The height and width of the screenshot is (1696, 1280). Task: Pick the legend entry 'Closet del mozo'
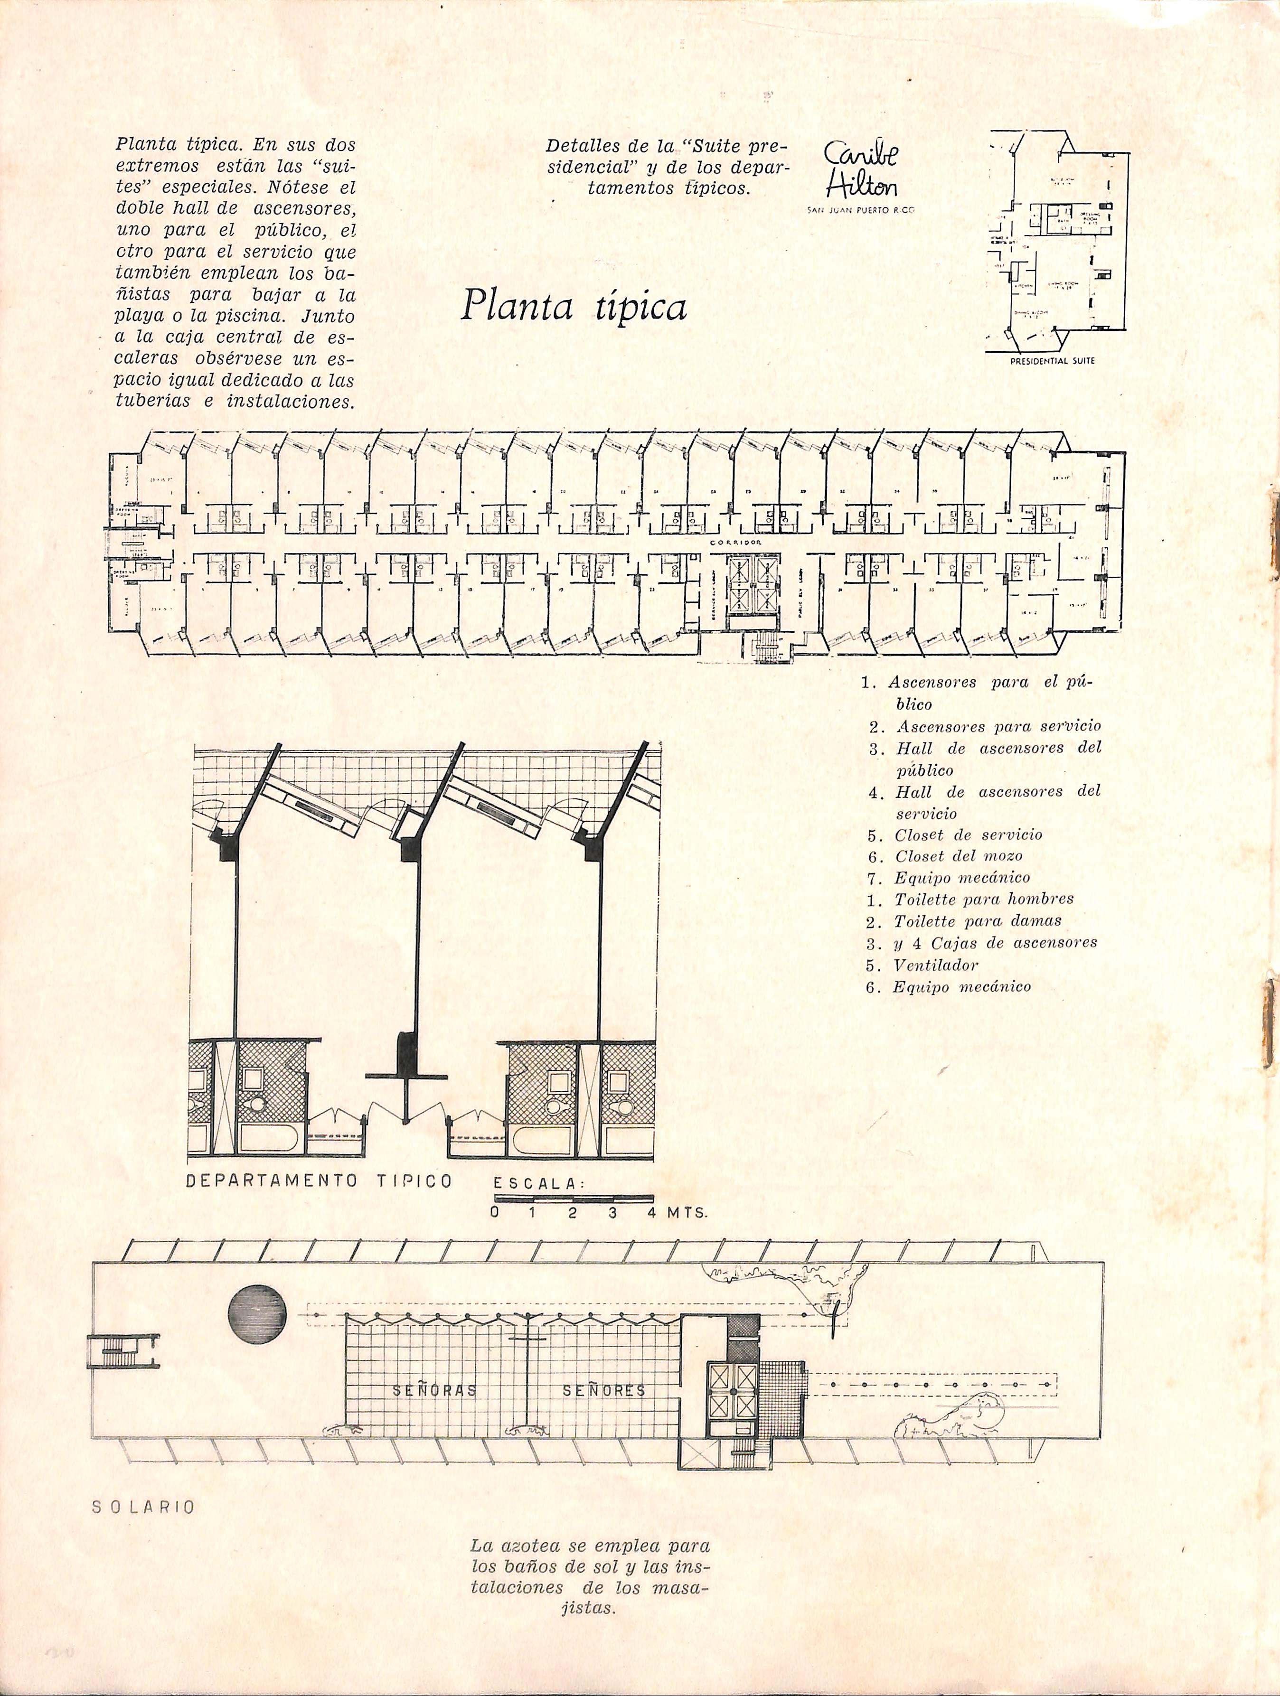958,856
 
